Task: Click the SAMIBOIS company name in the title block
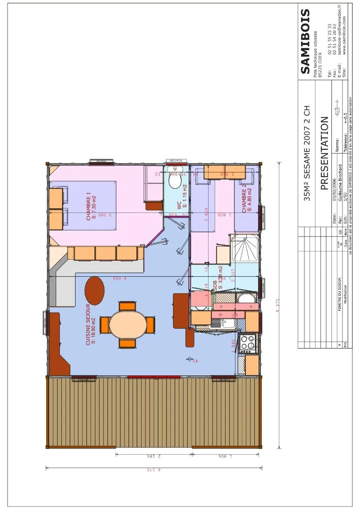[305, 42]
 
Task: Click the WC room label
[181, 204]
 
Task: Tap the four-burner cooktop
[248, 343]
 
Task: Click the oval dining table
[127, 325]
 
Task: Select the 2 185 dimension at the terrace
[154, 457]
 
